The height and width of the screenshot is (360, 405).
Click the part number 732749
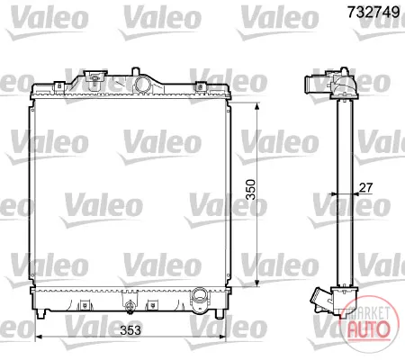[373, 13]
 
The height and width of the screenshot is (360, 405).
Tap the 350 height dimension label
[250, 189]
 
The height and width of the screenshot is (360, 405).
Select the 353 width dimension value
[130, 330]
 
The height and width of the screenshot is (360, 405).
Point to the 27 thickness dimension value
[366, 187]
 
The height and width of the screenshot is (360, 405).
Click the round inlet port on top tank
[141, 84]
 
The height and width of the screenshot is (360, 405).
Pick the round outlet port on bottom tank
[199, 295]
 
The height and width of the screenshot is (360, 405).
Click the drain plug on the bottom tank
[130, 307]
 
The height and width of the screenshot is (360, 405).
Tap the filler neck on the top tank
[95, 77]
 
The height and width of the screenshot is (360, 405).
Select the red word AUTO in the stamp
[368, 328]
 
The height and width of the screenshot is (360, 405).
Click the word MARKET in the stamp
[368, 313]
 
